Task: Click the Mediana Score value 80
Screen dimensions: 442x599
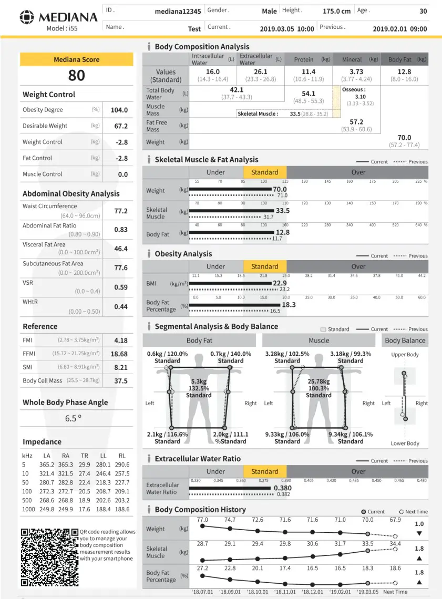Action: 76,76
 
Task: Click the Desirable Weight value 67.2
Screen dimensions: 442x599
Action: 120,126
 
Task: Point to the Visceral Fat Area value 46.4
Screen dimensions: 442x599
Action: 120,249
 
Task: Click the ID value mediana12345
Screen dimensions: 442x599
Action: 178,11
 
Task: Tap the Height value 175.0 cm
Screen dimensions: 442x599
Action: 336,11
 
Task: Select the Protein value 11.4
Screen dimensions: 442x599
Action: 309,71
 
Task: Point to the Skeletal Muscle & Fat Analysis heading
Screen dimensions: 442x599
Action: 206,160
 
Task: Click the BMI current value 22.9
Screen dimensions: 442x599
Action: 280,283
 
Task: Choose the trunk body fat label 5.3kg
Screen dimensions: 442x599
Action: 199,381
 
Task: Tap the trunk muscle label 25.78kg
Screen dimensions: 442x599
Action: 318,381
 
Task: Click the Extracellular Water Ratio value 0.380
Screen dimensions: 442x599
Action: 283,488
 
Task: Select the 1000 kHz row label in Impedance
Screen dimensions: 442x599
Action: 28,509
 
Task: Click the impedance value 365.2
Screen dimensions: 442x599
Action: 47,464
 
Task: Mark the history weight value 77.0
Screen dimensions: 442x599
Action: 202,520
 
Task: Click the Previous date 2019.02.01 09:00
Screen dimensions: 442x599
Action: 399,29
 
